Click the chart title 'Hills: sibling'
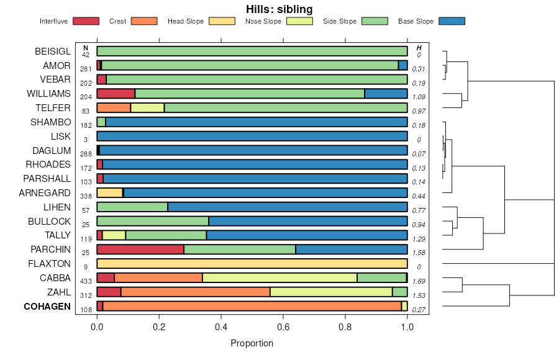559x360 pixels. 279,9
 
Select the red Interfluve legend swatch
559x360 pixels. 86,21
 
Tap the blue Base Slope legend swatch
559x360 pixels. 452,21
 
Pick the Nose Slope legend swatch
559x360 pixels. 299,21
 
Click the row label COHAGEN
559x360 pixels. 47,307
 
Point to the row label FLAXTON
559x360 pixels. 50,264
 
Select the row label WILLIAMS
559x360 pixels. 49,94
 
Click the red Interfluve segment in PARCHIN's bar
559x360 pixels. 140,250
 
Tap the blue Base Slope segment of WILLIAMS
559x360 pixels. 386,94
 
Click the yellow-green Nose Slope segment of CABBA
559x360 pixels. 279,277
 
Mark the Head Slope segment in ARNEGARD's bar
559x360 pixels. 110,193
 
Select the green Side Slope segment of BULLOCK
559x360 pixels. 153,221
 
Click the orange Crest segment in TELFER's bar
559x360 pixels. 114,108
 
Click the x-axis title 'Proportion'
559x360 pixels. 252,343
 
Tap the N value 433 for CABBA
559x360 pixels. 86,281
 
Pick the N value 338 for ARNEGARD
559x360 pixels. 86,196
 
